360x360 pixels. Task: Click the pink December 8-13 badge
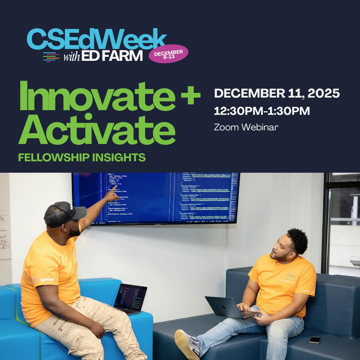tap(168, 54)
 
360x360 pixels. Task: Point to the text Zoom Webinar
tap(246, 127)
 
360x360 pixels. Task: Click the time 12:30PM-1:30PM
tap(262, 111)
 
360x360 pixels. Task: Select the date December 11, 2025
tap(277, 94)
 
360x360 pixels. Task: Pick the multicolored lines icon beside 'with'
tap(51, 57)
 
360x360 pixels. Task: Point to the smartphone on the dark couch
tap(315, 339)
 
